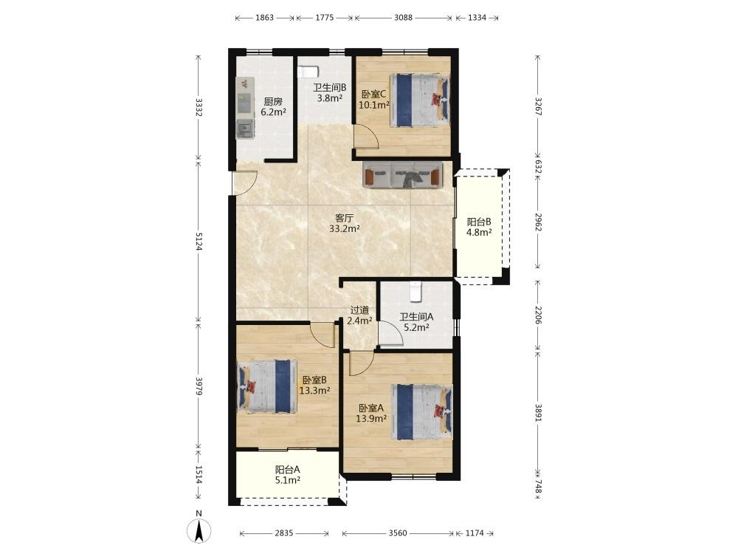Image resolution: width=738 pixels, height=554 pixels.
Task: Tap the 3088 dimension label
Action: [x=403, y=18]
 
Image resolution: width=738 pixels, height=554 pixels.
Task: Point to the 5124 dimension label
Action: [x=198, y=242]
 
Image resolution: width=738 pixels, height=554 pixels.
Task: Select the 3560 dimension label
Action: [x=398, y=533]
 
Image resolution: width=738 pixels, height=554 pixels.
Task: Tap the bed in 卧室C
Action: [x=419, y=100]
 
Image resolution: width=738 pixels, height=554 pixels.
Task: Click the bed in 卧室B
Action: [x=267, y=387]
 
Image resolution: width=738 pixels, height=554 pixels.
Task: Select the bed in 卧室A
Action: [x=421, y=412]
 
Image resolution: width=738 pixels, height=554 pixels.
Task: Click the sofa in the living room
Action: [x=403, y=175]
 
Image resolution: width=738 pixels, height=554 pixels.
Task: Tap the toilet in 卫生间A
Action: [x=415, y=292]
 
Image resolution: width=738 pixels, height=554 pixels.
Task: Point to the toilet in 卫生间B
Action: [x=308, y=72]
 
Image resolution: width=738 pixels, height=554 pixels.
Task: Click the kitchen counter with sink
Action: [x=245, y=108]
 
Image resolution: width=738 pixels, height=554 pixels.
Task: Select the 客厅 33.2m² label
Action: [x=345, y=224]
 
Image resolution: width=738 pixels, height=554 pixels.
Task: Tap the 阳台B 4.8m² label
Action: [x=479, y=227]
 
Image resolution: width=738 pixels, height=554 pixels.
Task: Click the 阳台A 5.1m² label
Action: [x=288, y=475]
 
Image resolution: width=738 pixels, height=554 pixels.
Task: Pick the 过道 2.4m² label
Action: [x=359, y=315]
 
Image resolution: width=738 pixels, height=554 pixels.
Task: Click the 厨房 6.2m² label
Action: [x=274, y=106]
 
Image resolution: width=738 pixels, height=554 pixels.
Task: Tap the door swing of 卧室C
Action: [x=366, y=137]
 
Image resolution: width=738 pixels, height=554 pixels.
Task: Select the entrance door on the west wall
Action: [x=244, y=182]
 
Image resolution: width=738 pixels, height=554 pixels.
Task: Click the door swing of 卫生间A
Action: [x=390, y=334]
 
